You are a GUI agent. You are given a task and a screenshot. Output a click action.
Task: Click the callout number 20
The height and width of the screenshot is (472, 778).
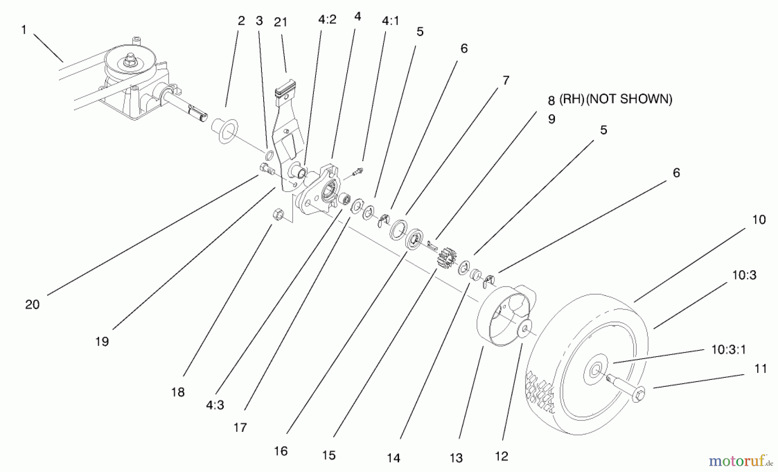pyautogui.click(x=32, y=305)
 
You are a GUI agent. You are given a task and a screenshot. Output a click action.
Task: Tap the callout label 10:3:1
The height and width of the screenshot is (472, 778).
pyautogui.click(x=729, y=350)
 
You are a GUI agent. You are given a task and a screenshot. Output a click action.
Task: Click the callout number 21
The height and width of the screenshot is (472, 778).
pyautogui.click(x=281, y=22)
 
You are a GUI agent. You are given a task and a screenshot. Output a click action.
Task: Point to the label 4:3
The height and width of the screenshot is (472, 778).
pyautogui.click(x=215, y=405)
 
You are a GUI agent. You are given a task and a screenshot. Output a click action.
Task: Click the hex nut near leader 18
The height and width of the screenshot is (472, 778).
pyautogui.click(x=278, y=214)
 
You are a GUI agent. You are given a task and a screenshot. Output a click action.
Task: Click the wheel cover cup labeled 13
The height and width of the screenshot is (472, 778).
pyautogui.click(x=501, y=316)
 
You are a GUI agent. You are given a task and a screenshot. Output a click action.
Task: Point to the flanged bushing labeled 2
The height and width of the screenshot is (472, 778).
pyautogui.click(x=225, y=131)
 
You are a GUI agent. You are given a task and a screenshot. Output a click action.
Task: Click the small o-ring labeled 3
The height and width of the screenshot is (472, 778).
pyautogui.click(x=269, y=155)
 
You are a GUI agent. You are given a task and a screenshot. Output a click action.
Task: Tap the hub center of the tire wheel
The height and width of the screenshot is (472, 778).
pyautogui.click(x=596, y=370)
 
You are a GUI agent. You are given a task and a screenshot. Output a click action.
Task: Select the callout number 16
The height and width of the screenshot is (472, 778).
pyautogui.click(x=281, y=451)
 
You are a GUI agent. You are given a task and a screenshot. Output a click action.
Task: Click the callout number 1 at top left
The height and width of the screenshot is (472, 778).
pyautogui.click(x=24, y=29)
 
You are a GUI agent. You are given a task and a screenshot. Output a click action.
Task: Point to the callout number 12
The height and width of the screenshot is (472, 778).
pyautogui.click(x=501, y=456)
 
